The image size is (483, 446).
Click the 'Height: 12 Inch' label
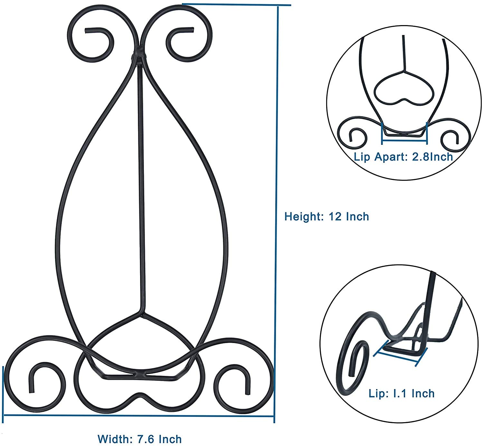coord(327,217)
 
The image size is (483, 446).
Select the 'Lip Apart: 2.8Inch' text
coord(403,157)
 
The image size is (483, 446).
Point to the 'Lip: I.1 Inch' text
coord(402,393)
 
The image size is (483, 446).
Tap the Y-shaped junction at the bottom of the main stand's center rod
coord(141,311)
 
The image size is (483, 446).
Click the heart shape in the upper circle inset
coord(404,88)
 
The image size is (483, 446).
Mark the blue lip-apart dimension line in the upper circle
coord(404,141)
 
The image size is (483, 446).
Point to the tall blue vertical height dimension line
coord(276,212)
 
